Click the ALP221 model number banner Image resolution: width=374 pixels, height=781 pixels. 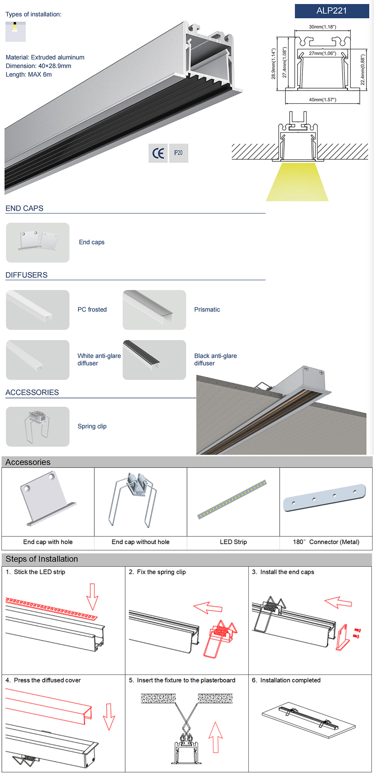click(x=332, y=11)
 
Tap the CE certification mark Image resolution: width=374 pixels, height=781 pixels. click(x=158, y=153)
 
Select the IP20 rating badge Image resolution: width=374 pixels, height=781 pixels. click(x=178, y=153)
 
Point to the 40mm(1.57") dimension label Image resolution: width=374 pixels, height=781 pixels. click(x=322, y=100)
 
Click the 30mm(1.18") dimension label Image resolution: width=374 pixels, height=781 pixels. click(x=322, y=27)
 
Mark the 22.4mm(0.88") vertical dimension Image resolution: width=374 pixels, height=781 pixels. click(x=362, y=70)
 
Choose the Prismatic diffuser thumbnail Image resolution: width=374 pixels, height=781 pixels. click(x=154, y=310)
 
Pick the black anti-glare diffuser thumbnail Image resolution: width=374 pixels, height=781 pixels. click(x=154, y=360)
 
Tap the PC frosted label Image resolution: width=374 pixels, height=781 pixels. click(x=92, y=309)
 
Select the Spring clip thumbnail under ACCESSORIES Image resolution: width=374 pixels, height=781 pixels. click(x=37, y=426)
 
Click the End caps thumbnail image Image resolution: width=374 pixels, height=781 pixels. click(x=37, y=243)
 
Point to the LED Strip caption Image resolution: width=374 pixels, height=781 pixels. click(x=233, y=542)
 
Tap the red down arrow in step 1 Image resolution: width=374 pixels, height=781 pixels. click(x=92, y=596)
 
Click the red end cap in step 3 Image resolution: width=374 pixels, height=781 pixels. click(x=343, y=638)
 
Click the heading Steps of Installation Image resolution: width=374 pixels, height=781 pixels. click(x=42, y=559)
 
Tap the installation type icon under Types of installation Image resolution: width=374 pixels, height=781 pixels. click(x=15, y=31)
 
